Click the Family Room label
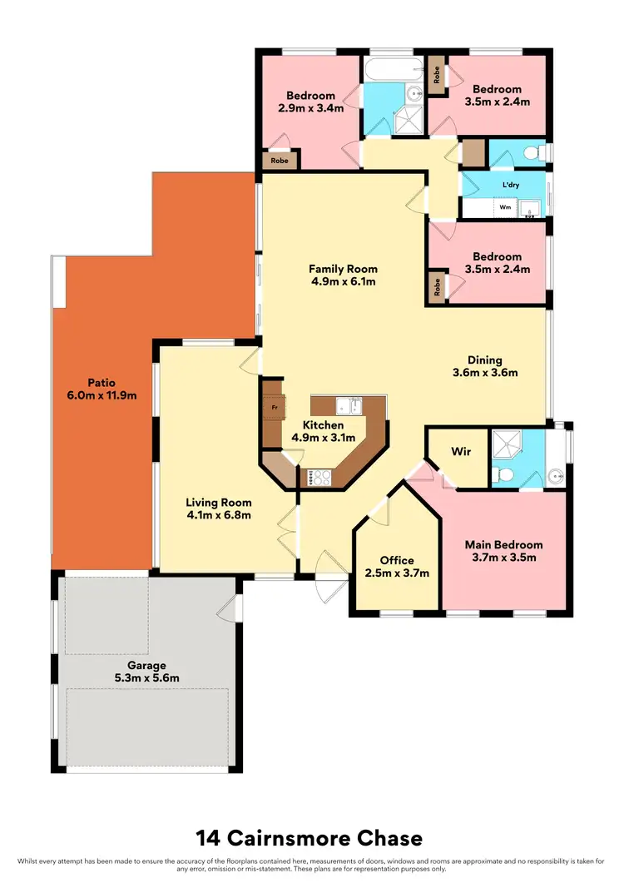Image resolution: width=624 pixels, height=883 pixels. (343, 269)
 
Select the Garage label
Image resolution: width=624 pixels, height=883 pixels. (146, 665)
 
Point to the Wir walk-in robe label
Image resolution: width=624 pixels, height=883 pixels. (462, 452)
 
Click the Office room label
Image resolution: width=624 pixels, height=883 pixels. (397, 560)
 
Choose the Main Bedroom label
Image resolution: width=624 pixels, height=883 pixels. (503, 545)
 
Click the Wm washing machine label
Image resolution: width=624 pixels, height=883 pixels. (505, 207)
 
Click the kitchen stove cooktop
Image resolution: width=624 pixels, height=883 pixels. (320, 477)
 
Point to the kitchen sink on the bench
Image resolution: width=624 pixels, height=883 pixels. (348, 406)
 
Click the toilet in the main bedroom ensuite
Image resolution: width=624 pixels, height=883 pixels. (501, 474)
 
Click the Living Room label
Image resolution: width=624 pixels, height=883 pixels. (218, 503)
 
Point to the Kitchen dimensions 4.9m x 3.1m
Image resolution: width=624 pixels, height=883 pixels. (323, 438)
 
